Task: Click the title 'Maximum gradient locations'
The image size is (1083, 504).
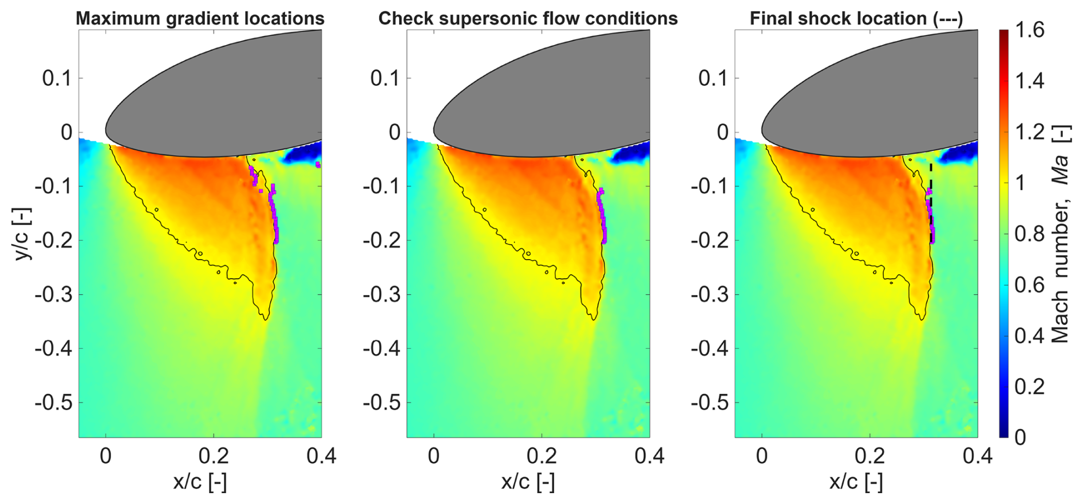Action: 200,18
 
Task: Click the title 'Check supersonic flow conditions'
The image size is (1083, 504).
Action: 528,18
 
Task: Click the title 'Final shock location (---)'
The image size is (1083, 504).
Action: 856,18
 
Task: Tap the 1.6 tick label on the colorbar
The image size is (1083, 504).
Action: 1030,30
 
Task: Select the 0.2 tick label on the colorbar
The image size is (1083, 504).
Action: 1030,386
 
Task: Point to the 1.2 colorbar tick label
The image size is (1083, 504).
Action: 1030,132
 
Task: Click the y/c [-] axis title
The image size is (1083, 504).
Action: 23,233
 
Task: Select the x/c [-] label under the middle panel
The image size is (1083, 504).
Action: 528,482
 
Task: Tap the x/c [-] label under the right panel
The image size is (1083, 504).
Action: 856,482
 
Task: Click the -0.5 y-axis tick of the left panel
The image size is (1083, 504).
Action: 54,403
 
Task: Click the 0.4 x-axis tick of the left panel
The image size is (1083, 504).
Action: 321,456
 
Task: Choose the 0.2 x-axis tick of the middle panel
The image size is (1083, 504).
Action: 541,456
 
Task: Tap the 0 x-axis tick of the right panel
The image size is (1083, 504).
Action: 762,456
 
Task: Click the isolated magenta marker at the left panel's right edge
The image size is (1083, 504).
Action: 318,165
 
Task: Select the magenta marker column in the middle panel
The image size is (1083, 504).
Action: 602,217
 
